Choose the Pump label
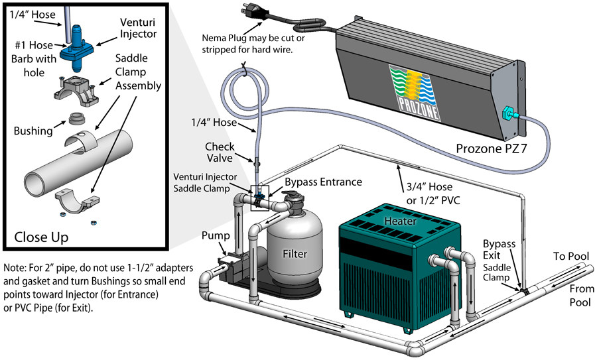point(218,237)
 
